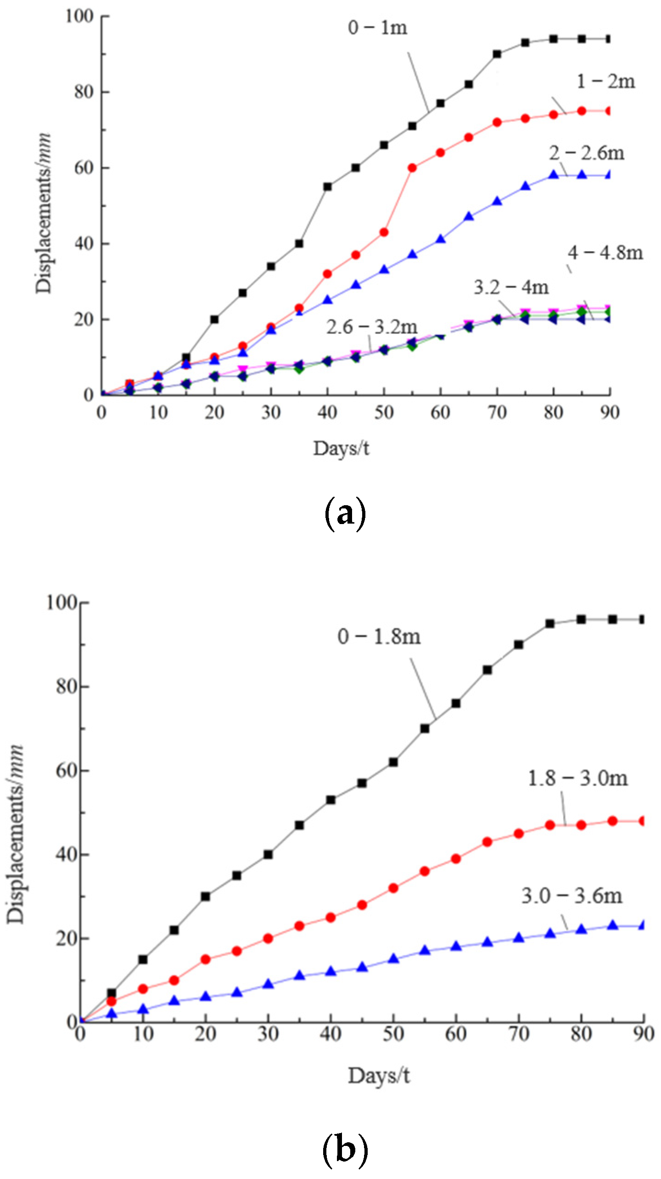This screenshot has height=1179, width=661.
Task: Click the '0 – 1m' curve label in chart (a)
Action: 377,28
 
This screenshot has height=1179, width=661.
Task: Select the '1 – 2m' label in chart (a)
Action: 605,81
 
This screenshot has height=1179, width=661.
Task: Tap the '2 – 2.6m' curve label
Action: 587,153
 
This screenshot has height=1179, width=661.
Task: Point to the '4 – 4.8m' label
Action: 605,253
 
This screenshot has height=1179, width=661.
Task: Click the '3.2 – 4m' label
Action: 511,288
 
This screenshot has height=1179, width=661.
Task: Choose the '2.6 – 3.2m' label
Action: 372,327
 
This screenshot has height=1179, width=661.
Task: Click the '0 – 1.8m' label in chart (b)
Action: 379,637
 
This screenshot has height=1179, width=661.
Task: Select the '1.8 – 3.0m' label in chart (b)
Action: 577,778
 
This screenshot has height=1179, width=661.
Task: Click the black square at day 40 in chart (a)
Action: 327,187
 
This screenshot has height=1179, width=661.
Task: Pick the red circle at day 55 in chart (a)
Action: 412,168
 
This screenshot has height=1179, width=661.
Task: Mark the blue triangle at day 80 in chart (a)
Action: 554,175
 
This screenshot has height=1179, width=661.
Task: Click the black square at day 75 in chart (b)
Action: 550,624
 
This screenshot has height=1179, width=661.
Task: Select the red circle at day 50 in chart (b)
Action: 393,888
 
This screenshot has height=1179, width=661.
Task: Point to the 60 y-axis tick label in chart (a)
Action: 84,168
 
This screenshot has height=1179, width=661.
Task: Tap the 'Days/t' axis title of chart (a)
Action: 341,448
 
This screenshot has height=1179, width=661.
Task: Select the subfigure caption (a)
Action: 345,514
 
